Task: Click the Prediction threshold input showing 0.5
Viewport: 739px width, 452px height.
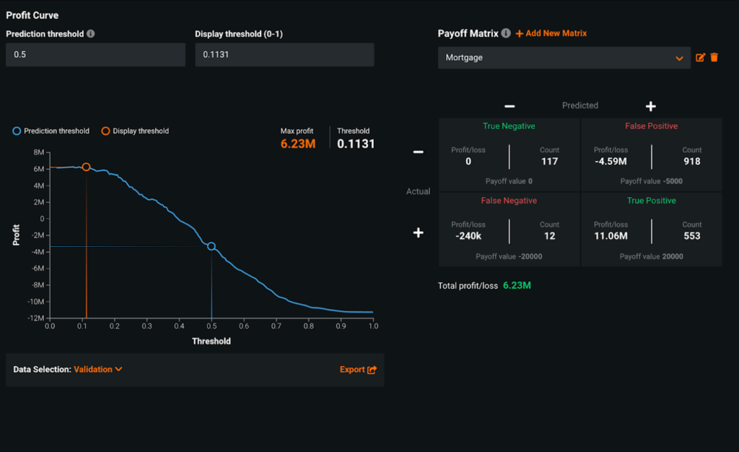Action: click(x=95, y=55)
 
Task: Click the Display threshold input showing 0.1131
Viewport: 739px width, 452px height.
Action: click(x=284, y=55)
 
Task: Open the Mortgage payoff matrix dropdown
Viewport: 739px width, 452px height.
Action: click(x=564, y=58)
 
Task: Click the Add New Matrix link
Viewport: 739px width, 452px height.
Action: click(x=551, y=33)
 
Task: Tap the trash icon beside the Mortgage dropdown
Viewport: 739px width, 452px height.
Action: click(x=714, y=58)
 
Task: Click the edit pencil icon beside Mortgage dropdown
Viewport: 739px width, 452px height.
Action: click(x=700, y=58)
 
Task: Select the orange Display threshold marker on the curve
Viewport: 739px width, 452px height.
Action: click(x=86, y=167)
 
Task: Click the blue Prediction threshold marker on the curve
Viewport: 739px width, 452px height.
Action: click(x=211, y=246)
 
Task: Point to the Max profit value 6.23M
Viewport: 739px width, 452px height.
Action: click(x=297, y=144)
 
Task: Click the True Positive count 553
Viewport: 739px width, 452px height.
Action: click(x=692, y=236)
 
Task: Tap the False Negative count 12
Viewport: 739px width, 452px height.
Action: click(x=549, y=236)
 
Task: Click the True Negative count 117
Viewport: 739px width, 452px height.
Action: click(x=549, y=162)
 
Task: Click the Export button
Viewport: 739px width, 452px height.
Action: click(x=358, y=370)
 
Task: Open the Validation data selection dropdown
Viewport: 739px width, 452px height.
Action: click(x=98, y=370)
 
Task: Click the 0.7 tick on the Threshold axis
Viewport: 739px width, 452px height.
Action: click(x=276, y=326)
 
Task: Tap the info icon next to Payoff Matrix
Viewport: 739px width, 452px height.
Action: click(x=506, y=33)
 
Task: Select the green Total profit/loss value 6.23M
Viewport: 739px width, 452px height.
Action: click(x=517, y=286)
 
